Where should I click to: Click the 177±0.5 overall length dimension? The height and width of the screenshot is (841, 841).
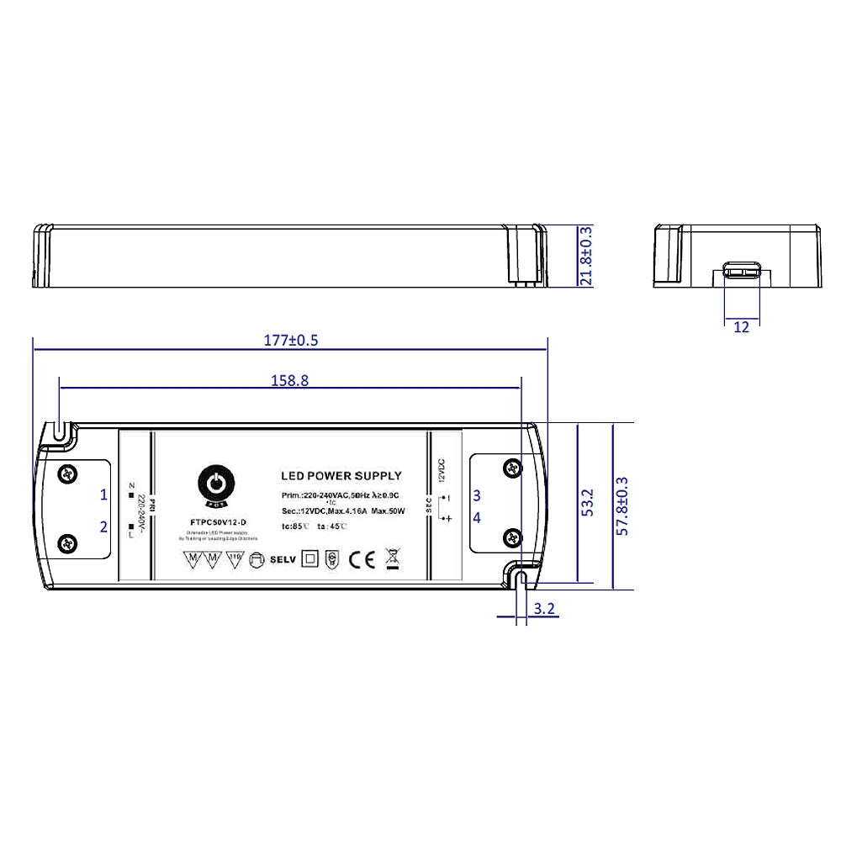tap(291, 341)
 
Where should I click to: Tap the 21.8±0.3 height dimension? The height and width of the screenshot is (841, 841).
tap(585, 256)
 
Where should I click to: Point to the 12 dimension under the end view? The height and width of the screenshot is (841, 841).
tap(741, 327)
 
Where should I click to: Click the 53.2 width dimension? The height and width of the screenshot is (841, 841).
tap(588, 502)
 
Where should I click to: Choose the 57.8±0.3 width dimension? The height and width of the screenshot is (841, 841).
tap(622, 505)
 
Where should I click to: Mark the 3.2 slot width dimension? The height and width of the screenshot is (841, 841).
tap(544, 610)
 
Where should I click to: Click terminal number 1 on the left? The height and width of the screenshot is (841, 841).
tap(103, 494)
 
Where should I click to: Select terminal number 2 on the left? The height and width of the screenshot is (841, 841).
tap(103, 527)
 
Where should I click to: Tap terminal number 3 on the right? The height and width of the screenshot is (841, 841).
tap(476, 495)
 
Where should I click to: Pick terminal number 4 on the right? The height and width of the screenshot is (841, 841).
tap(476, 518)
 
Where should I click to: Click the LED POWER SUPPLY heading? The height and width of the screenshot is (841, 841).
tap(341, 476)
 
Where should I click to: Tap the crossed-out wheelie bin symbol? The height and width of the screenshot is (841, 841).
tap(392, 558)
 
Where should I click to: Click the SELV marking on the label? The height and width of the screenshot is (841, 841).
tap(283, 559)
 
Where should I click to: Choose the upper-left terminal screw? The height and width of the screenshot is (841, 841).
tap(67, 474)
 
